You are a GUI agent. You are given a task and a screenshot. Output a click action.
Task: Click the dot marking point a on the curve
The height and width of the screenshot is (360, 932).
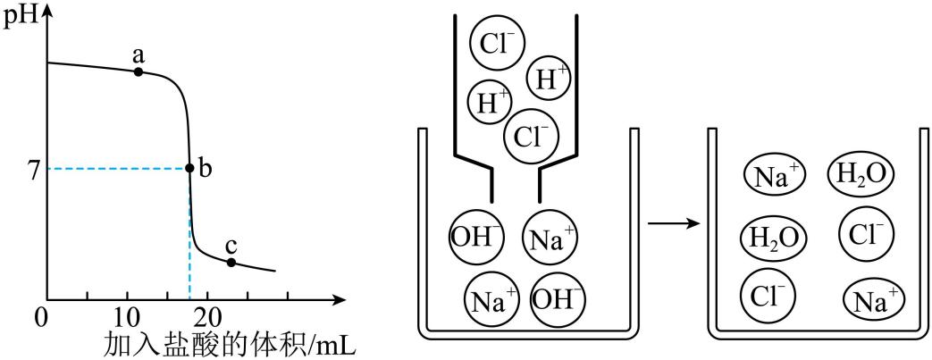pyautogui.click(x=139, y=71)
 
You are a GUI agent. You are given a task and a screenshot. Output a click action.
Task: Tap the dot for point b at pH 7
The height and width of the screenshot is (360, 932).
pyautogui.click(x=189, y=168)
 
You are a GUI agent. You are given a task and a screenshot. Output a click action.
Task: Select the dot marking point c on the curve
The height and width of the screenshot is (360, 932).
pyautogui.click(x=231, y=262)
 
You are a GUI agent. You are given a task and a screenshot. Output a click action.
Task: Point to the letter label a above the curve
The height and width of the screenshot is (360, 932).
pyautogui.click(x=139, y=54)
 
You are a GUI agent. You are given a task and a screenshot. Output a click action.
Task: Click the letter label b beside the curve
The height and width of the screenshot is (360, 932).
pyautogui.click(x=205, y=169)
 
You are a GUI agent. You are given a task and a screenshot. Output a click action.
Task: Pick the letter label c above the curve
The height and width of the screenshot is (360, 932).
pyautogui.click(x=231, y=246)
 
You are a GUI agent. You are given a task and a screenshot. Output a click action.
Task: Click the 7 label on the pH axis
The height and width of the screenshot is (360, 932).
pyautogui.click(x=33, y=169)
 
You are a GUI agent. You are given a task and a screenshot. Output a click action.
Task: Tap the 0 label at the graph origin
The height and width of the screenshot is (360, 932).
pyautogui.click(x=40, y=316)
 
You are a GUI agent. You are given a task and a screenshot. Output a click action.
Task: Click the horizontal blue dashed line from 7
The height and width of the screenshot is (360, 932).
pyautogui.click(x=116, y=168)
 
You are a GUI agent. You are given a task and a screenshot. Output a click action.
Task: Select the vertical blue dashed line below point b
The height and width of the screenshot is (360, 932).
pyautogui.click(x=189, y=237)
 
